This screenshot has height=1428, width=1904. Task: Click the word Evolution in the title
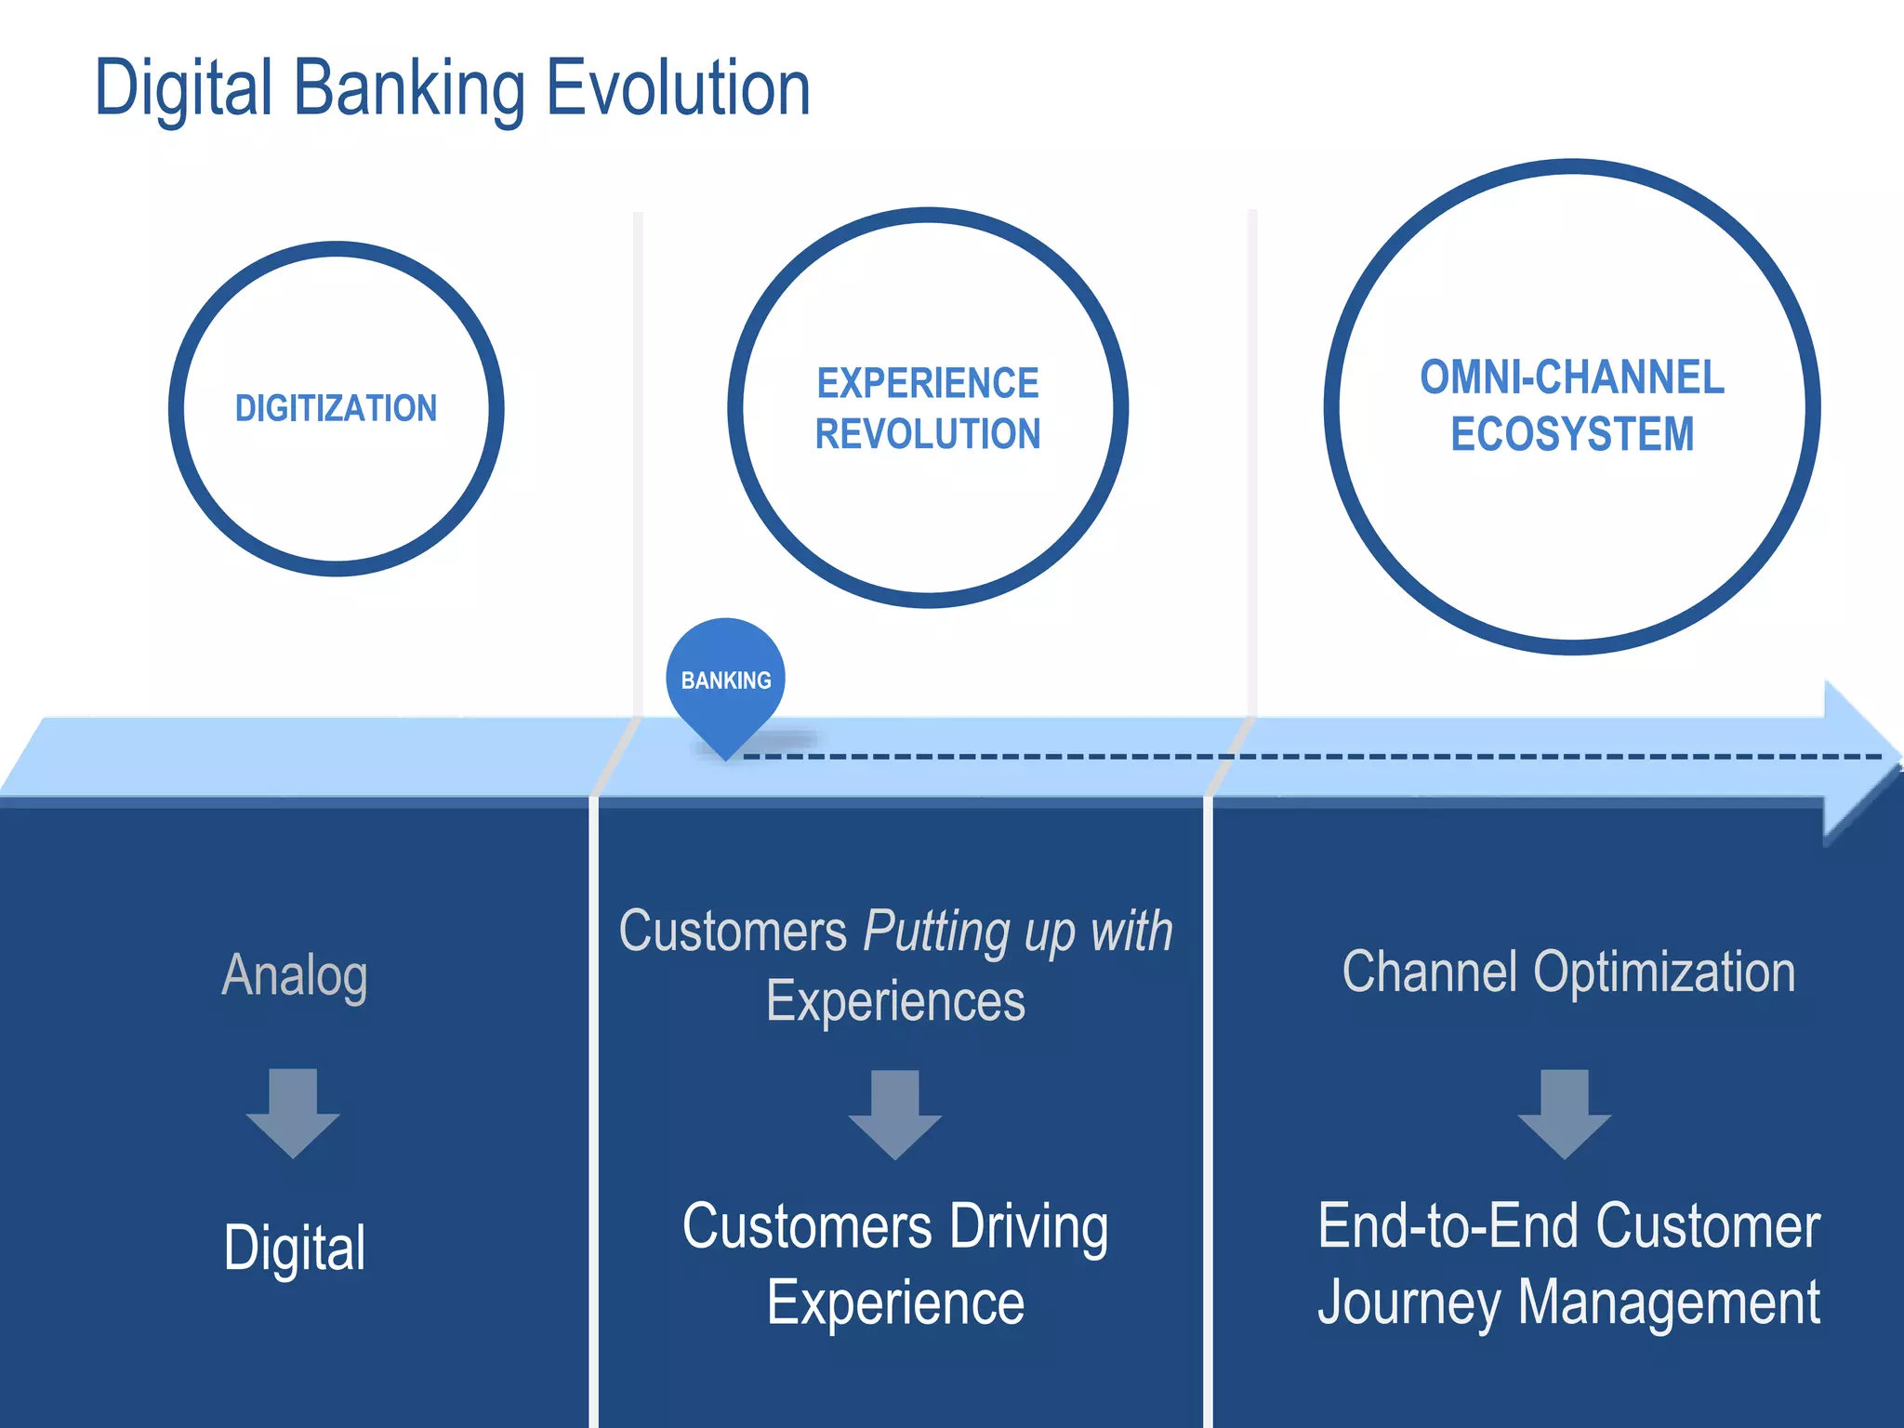678,88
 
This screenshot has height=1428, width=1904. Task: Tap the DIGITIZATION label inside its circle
336,408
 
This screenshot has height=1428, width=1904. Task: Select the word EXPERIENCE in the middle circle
928,383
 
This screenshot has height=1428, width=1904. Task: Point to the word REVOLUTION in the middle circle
928,434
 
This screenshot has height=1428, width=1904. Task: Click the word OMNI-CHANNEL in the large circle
1572,377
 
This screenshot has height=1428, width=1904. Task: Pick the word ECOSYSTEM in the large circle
1572,434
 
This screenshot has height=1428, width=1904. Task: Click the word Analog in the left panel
295,976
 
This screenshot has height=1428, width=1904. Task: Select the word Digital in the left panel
295,1248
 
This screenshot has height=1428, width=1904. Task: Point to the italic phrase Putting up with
1018,932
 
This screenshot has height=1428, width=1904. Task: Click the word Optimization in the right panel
1664,973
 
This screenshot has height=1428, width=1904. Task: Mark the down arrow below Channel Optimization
1565,1114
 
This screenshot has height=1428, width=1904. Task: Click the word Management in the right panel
1669,1303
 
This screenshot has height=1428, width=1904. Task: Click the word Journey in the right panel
1408,1303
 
